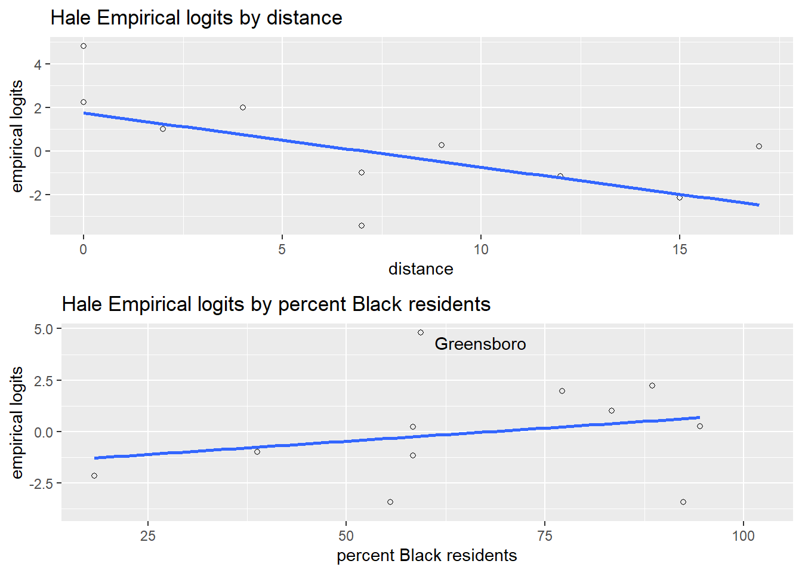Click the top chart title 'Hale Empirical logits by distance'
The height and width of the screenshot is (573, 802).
coord(196,18)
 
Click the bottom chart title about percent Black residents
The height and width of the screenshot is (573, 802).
coord(276,304)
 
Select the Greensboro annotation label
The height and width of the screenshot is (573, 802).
coord(480,344)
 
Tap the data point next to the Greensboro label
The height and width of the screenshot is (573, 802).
coord(421,332)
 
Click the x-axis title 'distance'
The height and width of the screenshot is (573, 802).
coord(421,269)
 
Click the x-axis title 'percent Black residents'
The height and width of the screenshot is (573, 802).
coord(427,556)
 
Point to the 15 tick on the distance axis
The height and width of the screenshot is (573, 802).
coord(680,249)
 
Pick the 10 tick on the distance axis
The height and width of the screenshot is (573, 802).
coord(481,249)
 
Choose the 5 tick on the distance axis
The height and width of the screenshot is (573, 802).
coord(282,249)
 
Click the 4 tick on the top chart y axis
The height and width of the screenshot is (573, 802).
coord(38,64)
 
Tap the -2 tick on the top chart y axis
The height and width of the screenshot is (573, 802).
coord(36,195)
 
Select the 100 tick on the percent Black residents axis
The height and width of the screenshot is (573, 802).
coord(744,536)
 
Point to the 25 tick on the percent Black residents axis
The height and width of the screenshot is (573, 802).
coord(148,536)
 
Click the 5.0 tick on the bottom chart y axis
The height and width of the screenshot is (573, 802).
coord(44,329)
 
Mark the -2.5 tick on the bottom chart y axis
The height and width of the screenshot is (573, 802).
coord(42,483)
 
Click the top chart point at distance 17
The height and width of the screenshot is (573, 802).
coord(759,146)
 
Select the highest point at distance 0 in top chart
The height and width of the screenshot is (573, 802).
coord(84,46)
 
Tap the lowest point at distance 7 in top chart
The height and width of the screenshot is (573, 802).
coord(362,226)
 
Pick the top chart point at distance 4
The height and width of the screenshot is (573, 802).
coord(243,107)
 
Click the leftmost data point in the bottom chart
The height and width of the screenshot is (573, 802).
coord(94,476)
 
